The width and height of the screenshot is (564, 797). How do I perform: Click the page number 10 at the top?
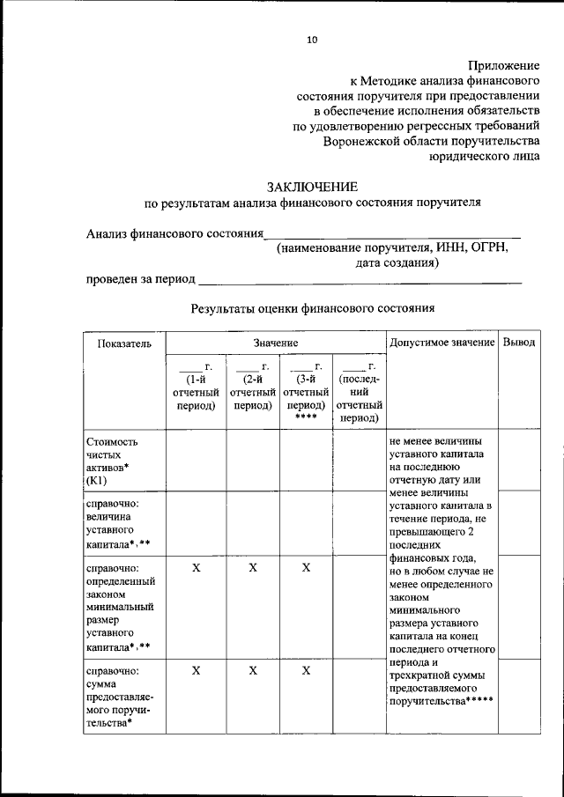(x=312, y=39)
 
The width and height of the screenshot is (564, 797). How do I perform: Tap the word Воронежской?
(x=374, y=140)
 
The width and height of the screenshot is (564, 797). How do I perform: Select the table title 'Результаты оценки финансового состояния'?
(x=313, y=309)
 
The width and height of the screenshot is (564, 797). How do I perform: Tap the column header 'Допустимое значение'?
(x=441, y=342)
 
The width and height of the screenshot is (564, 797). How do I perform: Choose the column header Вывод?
(x=518, y=342)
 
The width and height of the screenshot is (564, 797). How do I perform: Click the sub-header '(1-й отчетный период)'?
(x=196, y=393)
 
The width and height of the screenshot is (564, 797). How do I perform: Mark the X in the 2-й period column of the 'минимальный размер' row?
(x=252, y=569)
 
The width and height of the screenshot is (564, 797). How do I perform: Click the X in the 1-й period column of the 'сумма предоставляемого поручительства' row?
(x=196, y=671)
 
